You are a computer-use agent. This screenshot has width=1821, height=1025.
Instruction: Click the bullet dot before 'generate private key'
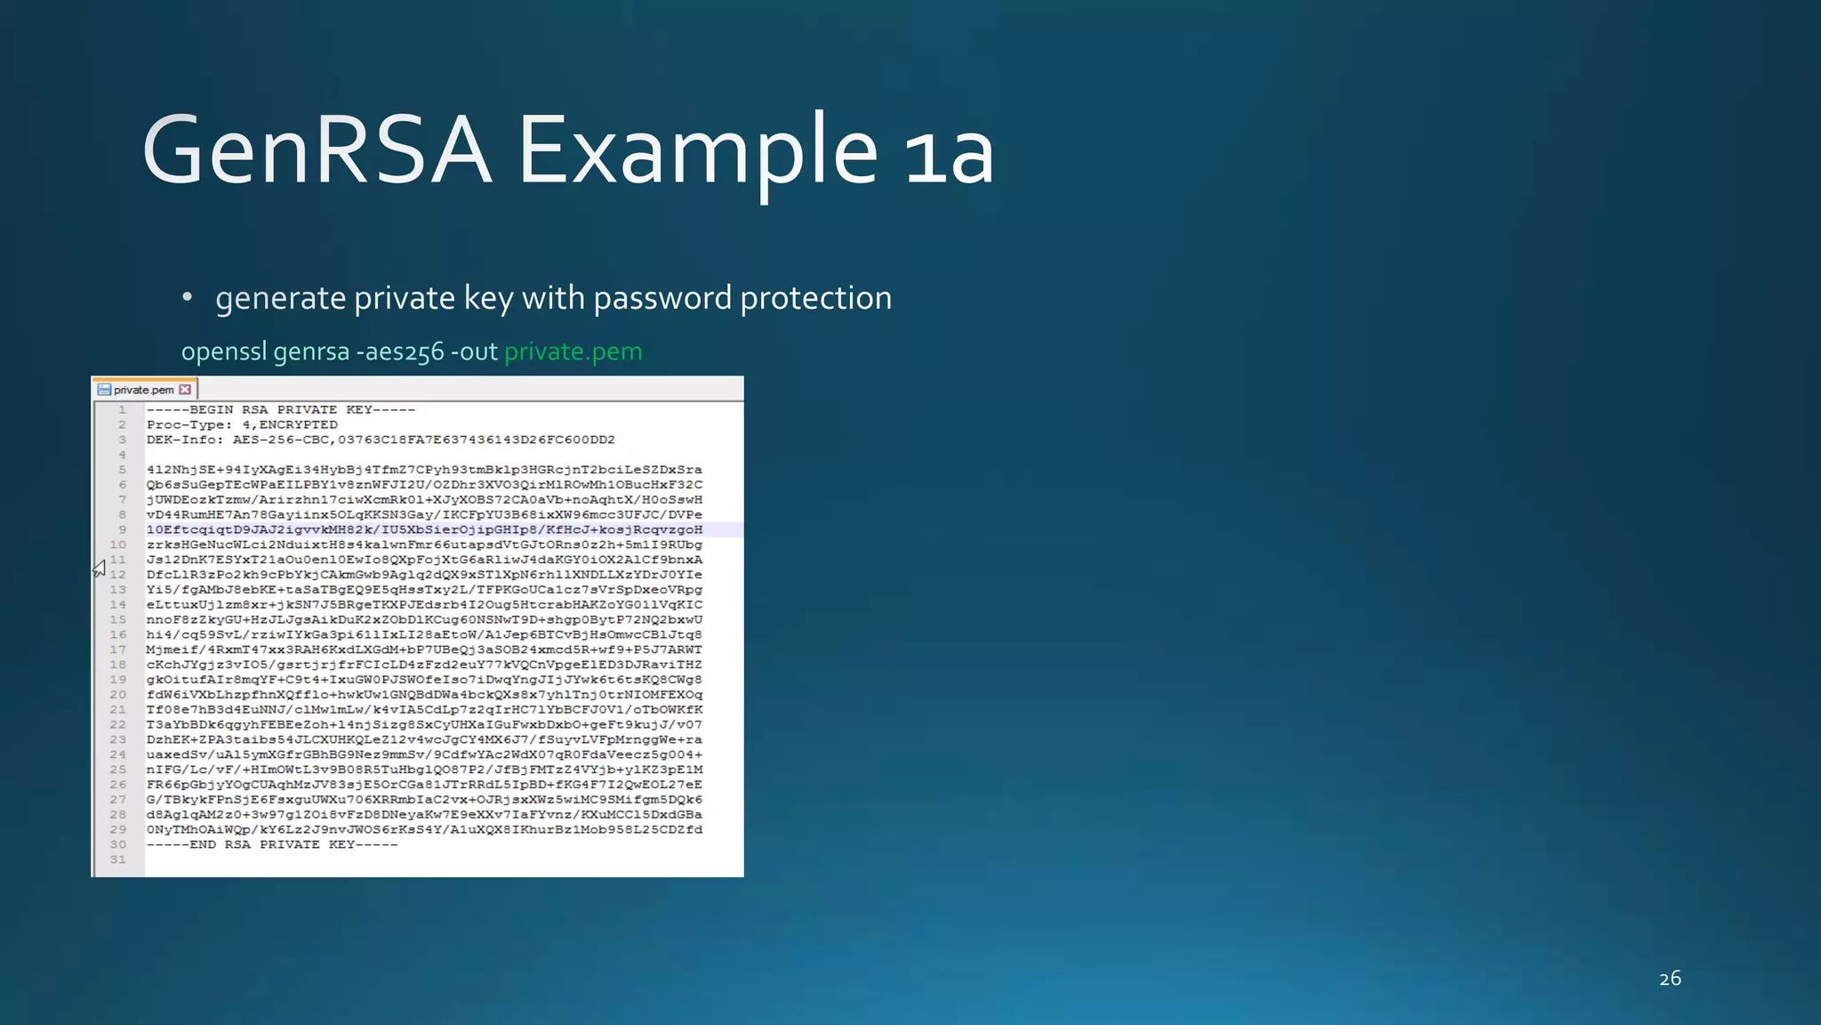[x=187, y=297]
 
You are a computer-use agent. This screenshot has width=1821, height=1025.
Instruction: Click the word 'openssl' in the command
[x=223, y=352]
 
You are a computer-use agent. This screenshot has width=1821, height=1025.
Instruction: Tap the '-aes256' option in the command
[x=400, y=352]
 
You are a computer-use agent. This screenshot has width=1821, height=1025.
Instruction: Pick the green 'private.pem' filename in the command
[x=573, y=351]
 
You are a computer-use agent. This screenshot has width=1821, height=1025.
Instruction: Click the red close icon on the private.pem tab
[x=185, y=390]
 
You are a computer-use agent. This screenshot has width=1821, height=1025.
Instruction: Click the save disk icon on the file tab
[x=104, y=390]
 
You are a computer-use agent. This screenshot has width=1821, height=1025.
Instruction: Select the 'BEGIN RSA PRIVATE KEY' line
[x=281, y=410]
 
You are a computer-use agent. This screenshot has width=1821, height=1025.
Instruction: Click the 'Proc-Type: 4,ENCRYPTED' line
[x=242, y=425]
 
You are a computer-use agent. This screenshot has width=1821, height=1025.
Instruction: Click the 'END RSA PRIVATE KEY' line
[x=272, y=844]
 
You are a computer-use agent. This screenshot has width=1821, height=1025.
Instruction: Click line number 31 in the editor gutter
[x=117, y=860]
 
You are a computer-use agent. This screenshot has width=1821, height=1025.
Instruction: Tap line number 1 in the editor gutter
[x=122, y=410]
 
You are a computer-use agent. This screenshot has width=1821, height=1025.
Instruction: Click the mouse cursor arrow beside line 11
[x=100, y=568]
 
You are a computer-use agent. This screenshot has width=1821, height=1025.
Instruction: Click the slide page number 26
[x=1670, y=979]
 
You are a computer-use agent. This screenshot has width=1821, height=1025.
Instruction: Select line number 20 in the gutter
[x=117, y=695]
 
